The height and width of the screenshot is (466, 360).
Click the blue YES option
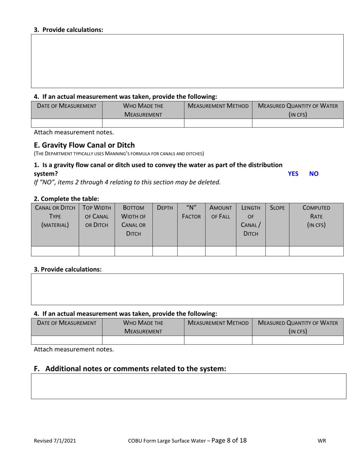point(293,174)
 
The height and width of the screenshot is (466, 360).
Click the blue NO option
point(314,174)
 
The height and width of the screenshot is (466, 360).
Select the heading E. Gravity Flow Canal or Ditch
point(84,145)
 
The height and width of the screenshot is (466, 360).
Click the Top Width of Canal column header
point(97,216)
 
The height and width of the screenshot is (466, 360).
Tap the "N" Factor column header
point(191,212)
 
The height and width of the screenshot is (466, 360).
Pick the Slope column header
point(277,208)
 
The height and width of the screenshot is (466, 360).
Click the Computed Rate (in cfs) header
point(316,216)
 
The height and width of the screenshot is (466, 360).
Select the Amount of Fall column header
point(221,212)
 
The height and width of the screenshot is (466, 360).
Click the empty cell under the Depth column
point(165,251)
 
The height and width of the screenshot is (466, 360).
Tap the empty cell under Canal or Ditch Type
point(55,251)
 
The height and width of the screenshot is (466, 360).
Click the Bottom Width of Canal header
point(133,220)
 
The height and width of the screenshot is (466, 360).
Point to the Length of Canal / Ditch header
point(250,220)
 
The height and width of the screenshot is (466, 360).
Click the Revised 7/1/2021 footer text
point(55,441)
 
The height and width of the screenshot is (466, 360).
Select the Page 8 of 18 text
point(229,440)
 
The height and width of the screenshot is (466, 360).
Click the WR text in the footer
point(322,441)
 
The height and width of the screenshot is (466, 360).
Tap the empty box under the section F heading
point(188,386)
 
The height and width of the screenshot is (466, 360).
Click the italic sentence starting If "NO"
point(127,182)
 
